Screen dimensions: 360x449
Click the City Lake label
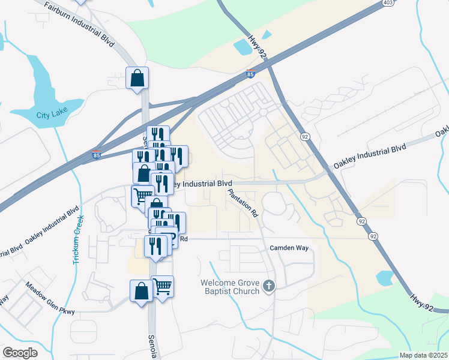51,115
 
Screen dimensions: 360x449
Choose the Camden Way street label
292,247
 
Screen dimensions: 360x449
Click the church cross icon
269,287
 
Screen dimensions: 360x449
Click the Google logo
20,353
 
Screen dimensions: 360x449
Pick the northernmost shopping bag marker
137,77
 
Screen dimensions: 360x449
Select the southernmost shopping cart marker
162,286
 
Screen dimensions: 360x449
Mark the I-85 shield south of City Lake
97,155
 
